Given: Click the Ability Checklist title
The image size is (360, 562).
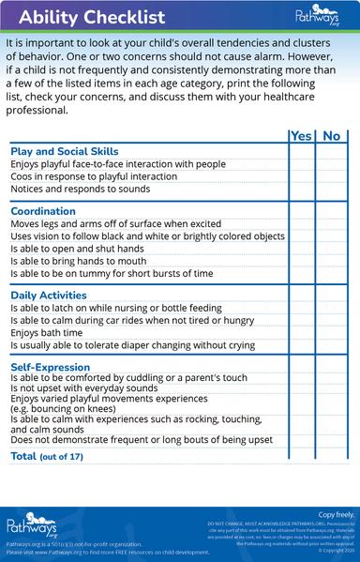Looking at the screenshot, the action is click(79, 17).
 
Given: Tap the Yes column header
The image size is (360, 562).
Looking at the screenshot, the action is click(301, 136).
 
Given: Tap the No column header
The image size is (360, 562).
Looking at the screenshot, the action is click(331, 136).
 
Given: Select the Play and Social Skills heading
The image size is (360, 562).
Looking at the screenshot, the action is click(64, 151).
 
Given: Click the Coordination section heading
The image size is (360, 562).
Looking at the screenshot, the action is click(43, 211).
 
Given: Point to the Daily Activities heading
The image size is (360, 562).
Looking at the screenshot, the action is click(49, 296).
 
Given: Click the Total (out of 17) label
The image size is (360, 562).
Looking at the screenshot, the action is click(47, 456).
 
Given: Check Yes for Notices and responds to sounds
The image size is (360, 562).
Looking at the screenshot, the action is click(301, 189).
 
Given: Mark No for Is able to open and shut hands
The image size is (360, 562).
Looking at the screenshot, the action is click(331, 249).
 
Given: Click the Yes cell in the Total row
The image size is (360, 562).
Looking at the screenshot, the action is click(301, 456).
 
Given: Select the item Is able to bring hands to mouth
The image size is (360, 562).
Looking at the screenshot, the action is click(79, 261).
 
